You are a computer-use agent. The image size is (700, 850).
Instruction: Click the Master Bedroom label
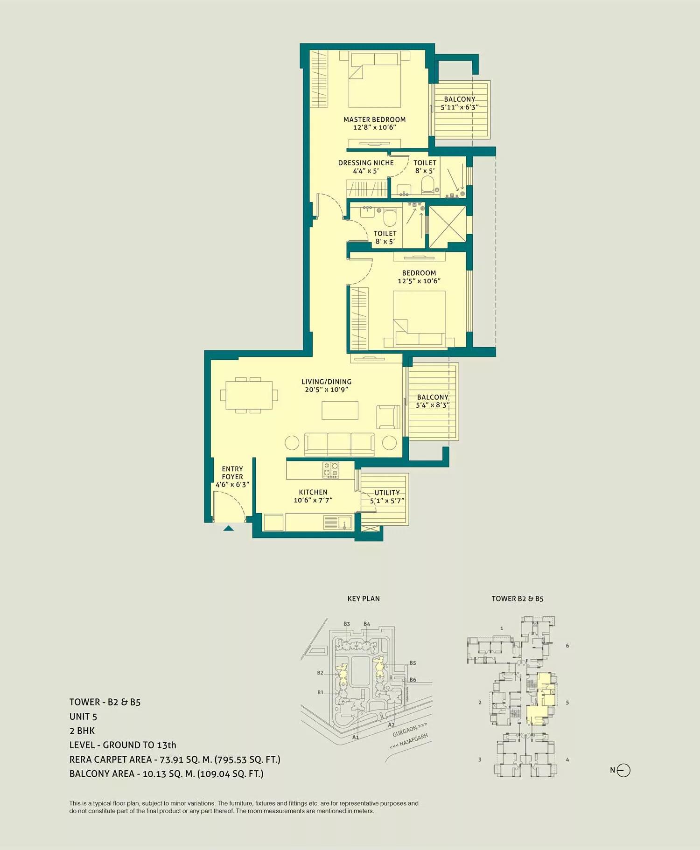[x=374, y=119]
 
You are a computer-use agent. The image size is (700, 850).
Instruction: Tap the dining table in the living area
[x=249, y=395]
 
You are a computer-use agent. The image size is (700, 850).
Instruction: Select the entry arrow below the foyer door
[x=228, y=528]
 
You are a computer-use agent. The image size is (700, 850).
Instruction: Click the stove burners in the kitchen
[x=331, y=469]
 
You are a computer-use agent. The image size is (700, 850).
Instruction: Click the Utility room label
[x=387, y=493]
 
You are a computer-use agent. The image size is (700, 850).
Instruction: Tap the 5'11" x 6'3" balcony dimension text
[x=460, y=107]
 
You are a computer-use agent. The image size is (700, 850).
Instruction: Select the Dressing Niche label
[x=366, y=163]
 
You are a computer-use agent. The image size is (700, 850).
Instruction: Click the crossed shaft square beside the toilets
[x=447, y=227]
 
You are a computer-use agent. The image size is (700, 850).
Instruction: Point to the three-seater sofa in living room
[x=339, y=444]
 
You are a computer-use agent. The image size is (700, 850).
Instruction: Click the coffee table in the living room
[x=340, y=410]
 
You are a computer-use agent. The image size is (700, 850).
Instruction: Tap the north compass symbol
[x=623, y=770]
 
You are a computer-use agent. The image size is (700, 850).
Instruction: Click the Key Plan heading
[x=364, y=599]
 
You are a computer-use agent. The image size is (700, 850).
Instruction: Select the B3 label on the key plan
[x=347, y=624]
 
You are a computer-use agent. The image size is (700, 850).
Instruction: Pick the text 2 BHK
[x=82, y=731]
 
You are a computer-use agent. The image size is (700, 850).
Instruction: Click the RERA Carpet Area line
[x=175, y=759]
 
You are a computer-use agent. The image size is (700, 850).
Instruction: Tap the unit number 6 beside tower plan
[x=567, y=646]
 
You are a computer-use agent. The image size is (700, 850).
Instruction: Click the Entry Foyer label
[x=232, y=473]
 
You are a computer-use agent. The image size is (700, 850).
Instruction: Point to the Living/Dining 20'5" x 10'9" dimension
[x=327, y=390]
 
